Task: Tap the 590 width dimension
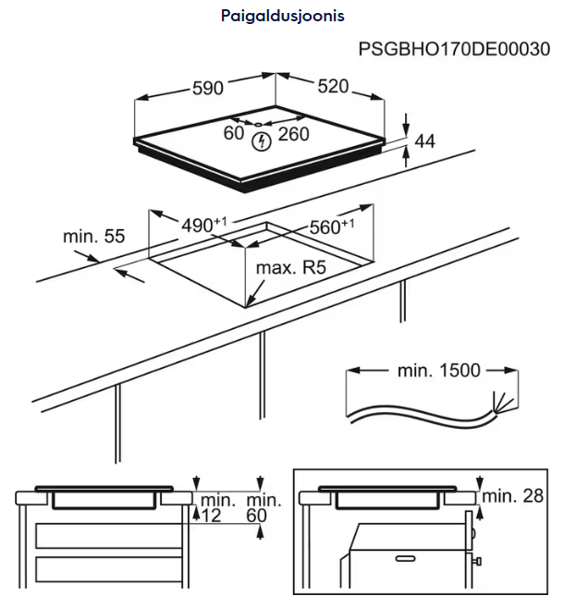(208, 89)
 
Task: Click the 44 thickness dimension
(424, 141)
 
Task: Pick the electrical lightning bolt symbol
(263, 140)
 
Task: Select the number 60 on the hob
(234, 133)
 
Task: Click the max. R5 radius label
(292, 268)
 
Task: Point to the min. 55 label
(93, 237)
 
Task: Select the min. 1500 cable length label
(438, 371)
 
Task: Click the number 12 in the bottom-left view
(211, 515)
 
